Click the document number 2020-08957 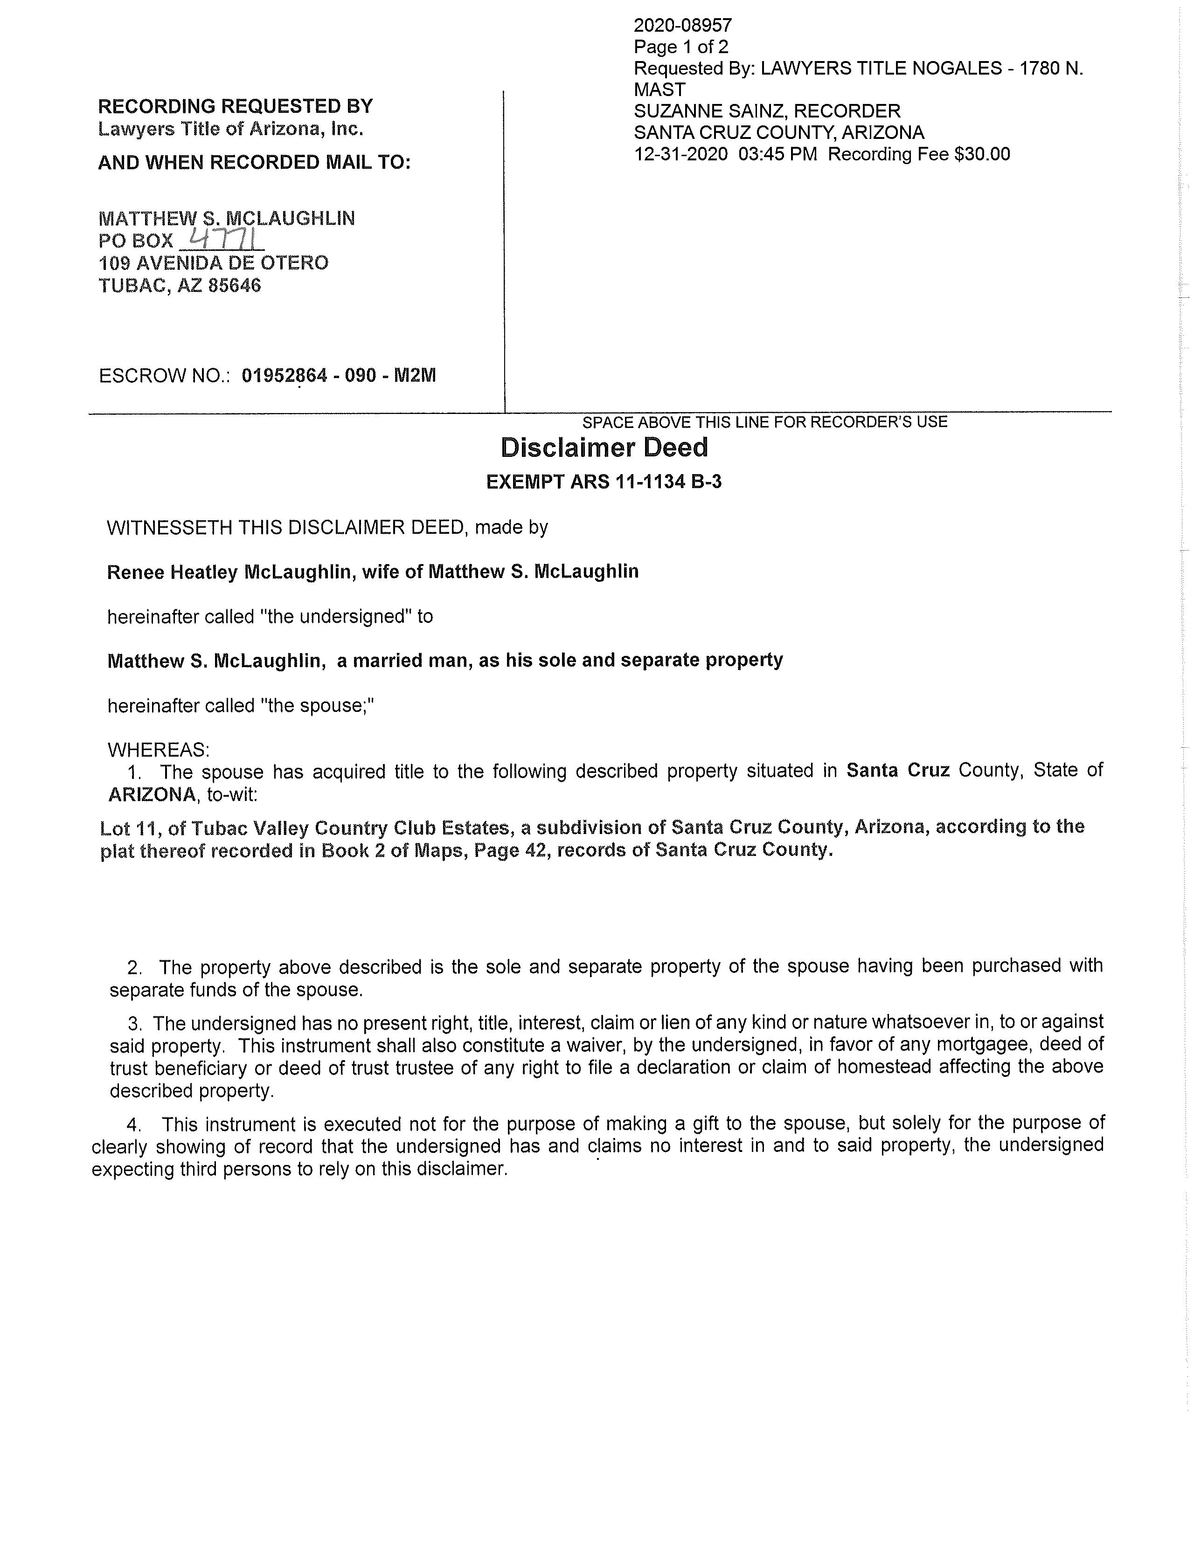point(683,26)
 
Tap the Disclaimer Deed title point(604,448)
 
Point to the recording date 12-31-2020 point(680,154)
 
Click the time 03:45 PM point(777,154)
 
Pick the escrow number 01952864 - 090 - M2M point(338,375)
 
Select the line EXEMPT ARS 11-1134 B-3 point(604,482)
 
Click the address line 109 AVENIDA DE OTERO point(213,263)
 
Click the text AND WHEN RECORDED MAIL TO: point(254,163)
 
